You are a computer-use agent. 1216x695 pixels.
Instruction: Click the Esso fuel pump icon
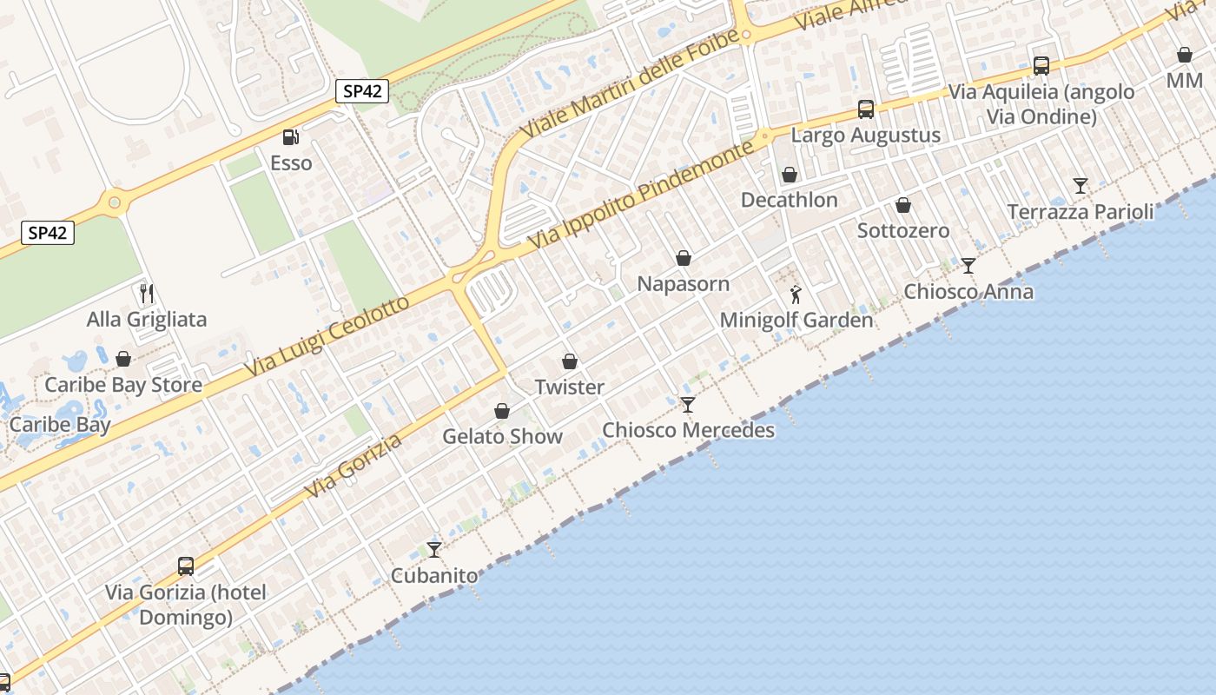click(x=290, y=137)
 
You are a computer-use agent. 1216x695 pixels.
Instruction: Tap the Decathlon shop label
click(x=789, y=200)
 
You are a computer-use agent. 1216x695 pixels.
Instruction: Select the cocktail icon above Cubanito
click(x=434, y=549)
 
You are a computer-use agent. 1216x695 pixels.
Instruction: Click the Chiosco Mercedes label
click(x=688, y=430)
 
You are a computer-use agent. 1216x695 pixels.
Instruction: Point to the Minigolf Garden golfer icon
click(x=796, y=295)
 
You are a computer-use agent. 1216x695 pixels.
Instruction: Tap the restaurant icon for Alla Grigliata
click(x=147, y=294)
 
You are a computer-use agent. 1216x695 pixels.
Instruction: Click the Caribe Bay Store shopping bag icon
click(x=124, y=359)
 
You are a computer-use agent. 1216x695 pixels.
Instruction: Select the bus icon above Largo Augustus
click(x=866, y=109)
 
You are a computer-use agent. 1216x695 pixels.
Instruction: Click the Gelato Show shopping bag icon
click(x=502, y=411)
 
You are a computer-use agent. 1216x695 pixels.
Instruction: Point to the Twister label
click(x=569, y=387)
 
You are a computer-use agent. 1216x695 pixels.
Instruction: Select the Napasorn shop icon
click(x=684, y=258)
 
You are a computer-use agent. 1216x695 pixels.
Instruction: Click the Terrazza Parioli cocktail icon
click(x=1081, y=185)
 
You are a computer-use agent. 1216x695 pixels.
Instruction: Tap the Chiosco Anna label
click(x=968, y=291)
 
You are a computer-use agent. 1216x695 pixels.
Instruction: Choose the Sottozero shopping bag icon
click(x=903, y=206)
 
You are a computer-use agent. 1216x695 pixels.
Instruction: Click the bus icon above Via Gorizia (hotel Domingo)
click(x=186, y=566)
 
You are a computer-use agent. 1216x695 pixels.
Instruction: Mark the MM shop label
click(x=1185, y=81)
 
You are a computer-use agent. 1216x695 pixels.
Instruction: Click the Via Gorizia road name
click(x=354, y=467)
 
